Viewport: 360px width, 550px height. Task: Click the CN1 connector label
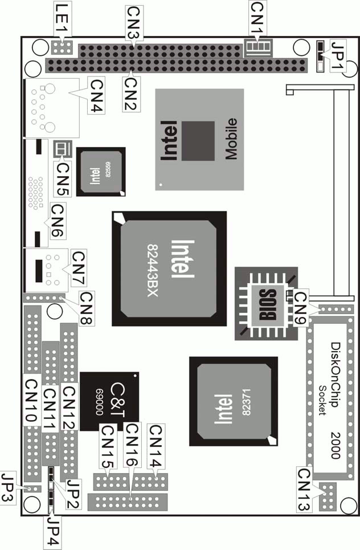tap(257, 18)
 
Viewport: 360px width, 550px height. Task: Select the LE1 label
tap(63, 18)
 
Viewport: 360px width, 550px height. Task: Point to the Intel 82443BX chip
tap(169, 268)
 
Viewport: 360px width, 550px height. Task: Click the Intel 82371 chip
tap(234, 401)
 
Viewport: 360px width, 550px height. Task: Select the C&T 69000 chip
tap(109, 402)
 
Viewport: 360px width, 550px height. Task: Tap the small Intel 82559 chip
tap(101, 172)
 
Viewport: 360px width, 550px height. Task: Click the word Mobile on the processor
tap(231, 139)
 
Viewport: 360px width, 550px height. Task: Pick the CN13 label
tap(305, 490)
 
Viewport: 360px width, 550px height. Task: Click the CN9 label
tap(301, 308)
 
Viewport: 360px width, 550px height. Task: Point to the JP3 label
tap(8, 488)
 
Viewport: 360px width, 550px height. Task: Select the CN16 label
tap(132, 445)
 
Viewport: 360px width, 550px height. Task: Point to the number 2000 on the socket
tap(336, 446)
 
